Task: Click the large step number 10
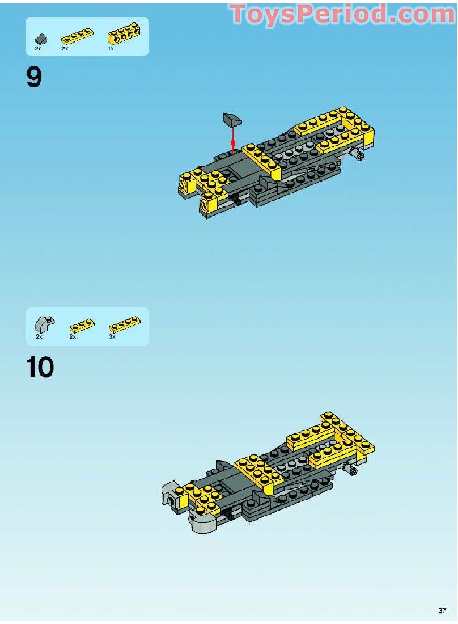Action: [40, 367]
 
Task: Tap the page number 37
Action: [442, 610]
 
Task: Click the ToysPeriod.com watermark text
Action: [342, 14]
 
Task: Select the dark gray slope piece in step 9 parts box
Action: [41, 39]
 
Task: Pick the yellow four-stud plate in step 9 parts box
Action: [77, 36]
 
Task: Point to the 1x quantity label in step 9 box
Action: [111, 49]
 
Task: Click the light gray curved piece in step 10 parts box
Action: [45, 324]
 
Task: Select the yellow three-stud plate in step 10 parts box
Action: [82, 326]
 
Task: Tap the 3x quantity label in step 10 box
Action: [112, 336]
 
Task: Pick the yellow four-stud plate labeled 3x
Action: [125, 324]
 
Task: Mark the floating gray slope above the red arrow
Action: [232, 119]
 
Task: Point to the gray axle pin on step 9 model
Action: [358, 154]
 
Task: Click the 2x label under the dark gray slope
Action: [38, 49]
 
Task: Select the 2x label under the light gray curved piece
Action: [39, 336]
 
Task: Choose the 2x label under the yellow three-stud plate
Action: [73, 336]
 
